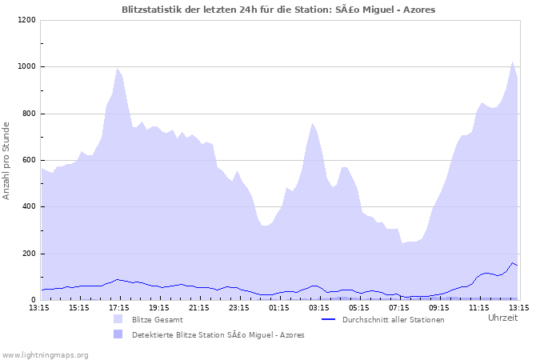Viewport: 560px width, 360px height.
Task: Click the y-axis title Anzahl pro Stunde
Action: pos(7,160)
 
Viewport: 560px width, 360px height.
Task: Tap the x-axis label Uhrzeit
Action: pos(502,318)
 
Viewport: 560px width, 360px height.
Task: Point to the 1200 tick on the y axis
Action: pos(26,20)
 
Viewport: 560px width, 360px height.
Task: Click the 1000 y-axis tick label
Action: pos(26,67)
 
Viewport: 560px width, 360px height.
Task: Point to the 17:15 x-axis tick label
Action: pos(119,307)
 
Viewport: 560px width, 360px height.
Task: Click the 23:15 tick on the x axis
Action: pos(239,307)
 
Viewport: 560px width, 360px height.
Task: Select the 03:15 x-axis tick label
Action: pos(319,307)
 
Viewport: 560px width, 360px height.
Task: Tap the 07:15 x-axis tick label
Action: pos(399,307)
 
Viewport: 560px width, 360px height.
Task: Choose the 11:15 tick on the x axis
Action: pos(479,307)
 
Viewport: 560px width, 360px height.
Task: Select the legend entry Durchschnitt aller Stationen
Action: pos(393,319)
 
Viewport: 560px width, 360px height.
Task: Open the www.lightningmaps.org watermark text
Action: pos(45,354)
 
